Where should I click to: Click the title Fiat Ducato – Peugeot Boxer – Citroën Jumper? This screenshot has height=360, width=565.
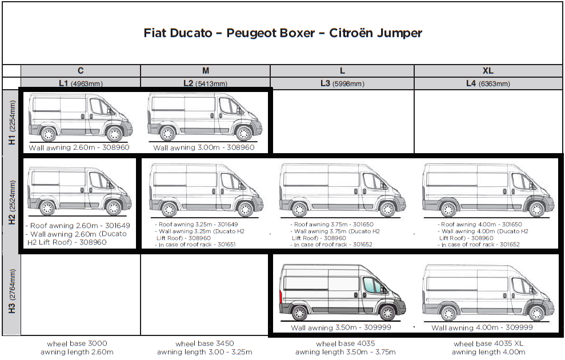[283, 33]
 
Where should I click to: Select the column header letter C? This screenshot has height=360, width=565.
[81, 71]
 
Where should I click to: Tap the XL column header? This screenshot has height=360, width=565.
[488, 71]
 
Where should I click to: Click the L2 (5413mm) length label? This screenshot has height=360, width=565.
[205, 83]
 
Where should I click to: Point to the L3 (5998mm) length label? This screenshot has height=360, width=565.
[342, 83]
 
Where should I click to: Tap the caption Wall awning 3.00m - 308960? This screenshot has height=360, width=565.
[204, 147]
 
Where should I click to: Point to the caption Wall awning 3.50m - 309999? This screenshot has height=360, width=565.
[342, 328]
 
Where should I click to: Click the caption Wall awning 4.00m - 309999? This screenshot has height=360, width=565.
[482, 328]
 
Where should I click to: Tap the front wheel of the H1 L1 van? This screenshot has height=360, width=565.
[114, 134]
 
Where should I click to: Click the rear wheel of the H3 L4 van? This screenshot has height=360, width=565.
[449, 313]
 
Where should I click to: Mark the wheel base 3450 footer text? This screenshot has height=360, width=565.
[205, 343]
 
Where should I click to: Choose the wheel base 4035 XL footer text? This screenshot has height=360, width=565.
[488, 343]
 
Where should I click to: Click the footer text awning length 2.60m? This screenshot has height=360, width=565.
[77, 352]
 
